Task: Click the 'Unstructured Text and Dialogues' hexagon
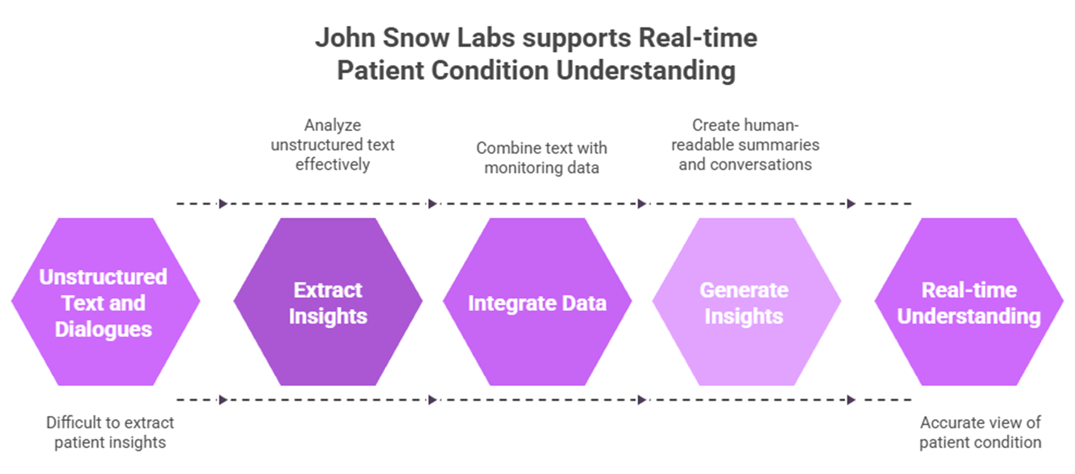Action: tap(106, 302)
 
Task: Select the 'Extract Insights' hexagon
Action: tap(328, 302)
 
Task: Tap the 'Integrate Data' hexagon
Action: tap(537, 302)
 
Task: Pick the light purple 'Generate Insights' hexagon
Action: tap(747, 302)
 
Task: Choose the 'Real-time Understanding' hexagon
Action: tap(969, 302)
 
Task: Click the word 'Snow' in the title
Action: tap(415, 38)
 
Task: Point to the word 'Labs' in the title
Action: tap(486, 38)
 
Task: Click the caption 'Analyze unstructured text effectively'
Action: tap(332, 144)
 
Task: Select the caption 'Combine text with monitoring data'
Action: tap(542, 158)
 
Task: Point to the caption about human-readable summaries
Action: tap(745, 144)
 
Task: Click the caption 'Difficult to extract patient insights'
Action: tap(110, 432)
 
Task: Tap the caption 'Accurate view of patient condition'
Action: tap(981, 432)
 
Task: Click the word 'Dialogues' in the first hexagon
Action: tap(103, 329)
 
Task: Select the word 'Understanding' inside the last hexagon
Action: tap(969, 316)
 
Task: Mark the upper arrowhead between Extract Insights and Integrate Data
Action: tap(432, 204)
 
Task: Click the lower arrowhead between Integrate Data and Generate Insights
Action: tap(641, 399)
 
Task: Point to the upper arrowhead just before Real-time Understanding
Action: tap(851, 204)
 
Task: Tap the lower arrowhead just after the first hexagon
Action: tap(223, 399)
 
